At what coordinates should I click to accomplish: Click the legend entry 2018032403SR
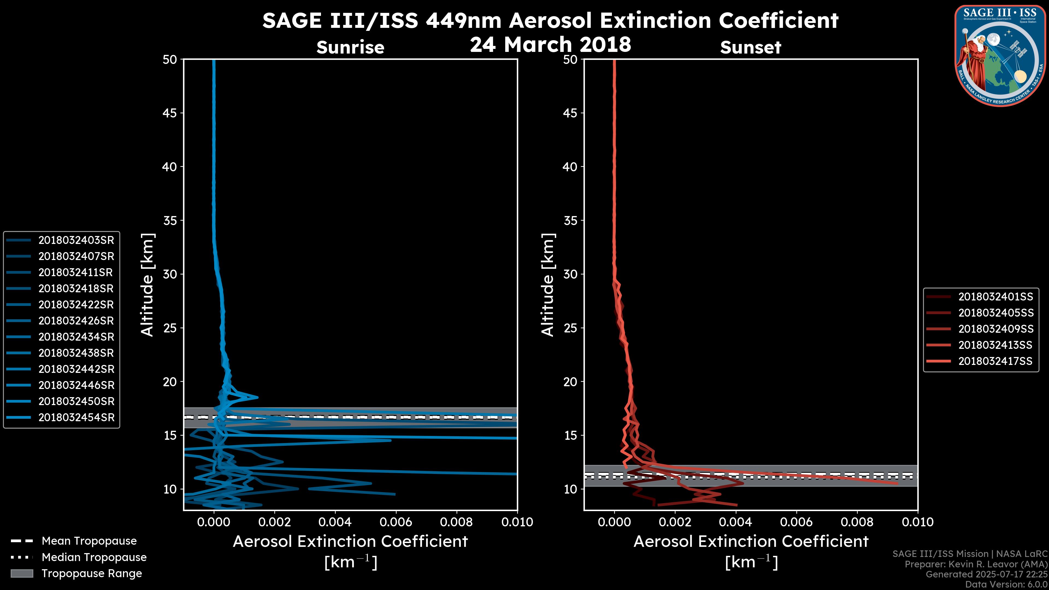(76, 240)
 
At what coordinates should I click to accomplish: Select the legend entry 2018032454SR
(76, 417)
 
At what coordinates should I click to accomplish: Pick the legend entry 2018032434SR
(76, 337)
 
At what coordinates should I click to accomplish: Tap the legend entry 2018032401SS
(995, 297)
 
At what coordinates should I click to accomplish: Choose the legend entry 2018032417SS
(995, 361)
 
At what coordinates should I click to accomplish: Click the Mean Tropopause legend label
(89, 541)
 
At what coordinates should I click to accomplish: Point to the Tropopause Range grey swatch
(22, 573)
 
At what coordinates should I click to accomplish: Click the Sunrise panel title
(350, 48)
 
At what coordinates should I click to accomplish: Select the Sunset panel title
(750, 48)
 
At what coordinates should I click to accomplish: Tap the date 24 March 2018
(550, 44)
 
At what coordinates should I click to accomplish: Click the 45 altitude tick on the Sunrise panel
(170, 113)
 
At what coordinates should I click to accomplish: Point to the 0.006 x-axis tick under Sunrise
(395, 522)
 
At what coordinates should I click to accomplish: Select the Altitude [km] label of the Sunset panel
(548, 285)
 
